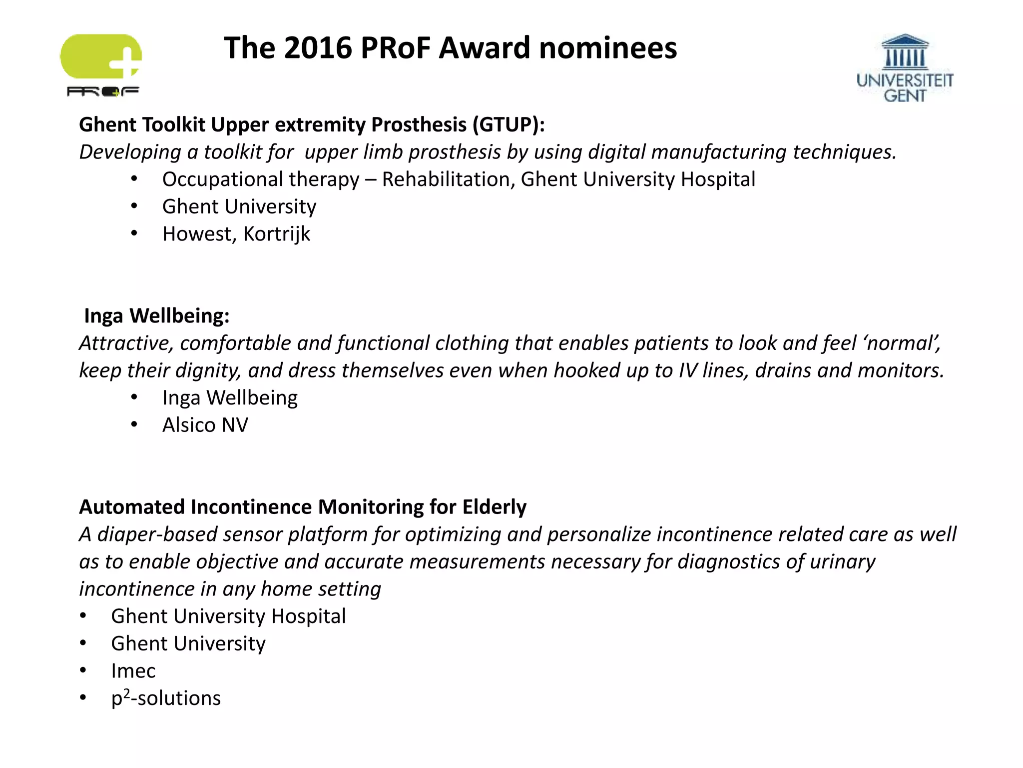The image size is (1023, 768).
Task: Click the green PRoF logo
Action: point(101,64)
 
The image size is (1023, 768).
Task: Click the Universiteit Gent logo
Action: point(905,68)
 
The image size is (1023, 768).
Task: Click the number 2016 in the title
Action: point(318,48)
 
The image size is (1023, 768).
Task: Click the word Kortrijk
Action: point(277,234)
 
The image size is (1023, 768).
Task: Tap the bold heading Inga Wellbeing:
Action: point(157,316)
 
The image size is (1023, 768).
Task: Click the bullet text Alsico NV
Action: point(205,425)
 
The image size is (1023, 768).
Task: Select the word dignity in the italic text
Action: point(208,370)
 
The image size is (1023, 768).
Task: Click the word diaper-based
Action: point(157,534)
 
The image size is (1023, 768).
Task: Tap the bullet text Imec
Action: point(133,671)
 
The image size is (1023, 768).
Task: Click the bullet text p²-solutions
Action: point(166,698)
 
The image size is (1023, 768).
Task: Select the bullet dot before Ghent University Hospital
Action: point(83,616)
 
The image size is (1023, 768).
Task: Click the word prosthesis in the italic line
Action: point(454,152)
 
